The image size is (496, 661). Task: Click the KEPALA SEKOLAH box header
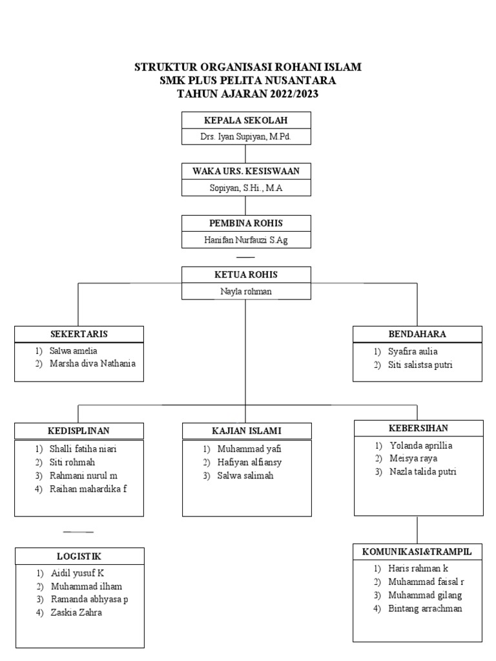[x=245, y=120]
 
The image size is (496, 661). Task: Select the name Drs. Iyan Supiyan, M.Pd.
[x=245, y=137]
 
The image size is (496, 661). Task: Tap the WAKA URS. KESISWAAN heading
[x=245, y=171]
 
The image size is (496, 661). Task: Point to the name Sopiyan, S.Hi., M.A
[x=245, y=188]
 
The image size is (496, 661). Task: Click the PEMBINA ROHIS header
[x=245, y=223]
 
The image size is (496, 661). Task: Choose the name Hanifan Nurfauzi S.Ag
[x=245, y=239]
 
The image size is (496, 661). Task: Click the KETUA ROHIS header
[x=245, y=274]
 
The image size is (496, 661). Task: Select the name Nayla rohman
[x=245, y=291]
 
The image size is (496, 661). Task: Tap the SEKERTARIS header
[x=79, y=334]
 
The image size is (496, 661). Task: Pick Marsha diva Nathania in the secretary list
[x=92, y=363]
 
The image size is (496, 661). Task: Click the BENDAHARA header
[x=417, y=334]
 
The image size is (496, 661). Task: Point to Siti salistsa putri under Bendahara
[x=420, y=365]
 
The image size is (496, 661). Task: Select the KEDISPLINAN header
[x=79, y=431]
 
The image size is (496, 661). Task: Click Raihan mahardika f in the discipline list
[x=88, y=489]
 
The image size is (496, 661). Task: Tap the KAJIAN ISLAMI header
[x=246, y=431]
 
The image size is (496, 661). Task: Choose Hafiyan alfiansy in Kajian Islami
[x=249, y=462]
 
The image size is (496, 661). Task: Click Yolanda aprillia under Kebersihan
[x=420, y=445]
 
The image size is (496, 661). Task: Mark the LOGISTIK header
[x=79, y=556]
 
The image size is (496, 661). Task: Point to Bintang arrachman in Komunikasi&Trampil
[x=425, y=609]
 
